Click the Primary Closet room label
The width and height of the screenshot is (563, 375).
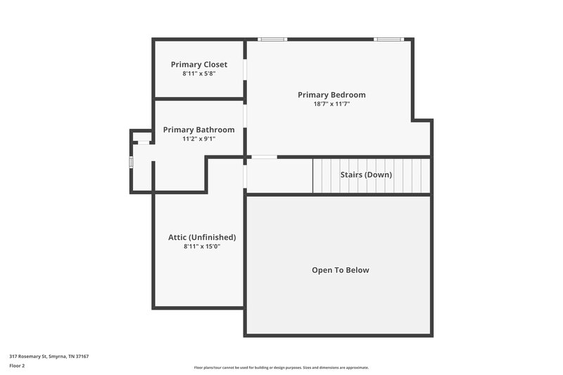point(199,65)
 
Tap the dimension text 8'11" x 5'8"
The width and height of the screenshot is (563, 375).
point(199,73)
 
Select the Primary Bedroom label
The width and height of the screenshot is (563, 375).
point(331,95)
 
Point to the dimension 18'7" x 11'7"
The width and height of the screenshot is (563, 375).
point(331,103)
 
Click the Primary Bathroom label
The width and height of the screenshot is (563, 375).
point(199,130)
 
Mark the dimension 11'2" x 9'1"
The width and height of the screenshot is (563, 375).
point(199,139)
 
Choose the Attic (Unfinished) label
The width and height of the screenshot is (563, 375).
point(202,237)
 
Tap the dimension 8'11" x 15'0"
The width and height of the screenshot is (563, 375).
point(202,246)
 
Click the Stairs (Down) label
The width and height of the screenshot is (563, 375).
point(366,174)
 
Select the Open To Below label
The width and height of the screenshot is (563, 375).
point(341,270)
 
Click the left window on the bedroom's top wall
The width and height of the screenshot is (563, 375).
point(272,39)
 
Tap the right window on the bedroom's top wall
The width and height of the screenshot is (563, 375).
point(388,39)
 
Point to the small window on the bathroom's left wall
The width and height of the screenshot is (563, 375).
point(131,162)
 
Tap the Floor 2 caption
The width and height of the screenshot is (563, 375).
point(17,366)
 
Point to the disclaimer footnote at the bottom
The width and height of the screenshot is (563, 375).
point(281,367)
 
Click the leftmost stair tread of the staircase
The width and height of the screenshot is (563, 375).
point(317,175)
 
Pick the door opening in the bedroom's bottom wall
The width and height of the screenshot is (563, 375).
point(264,156)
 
